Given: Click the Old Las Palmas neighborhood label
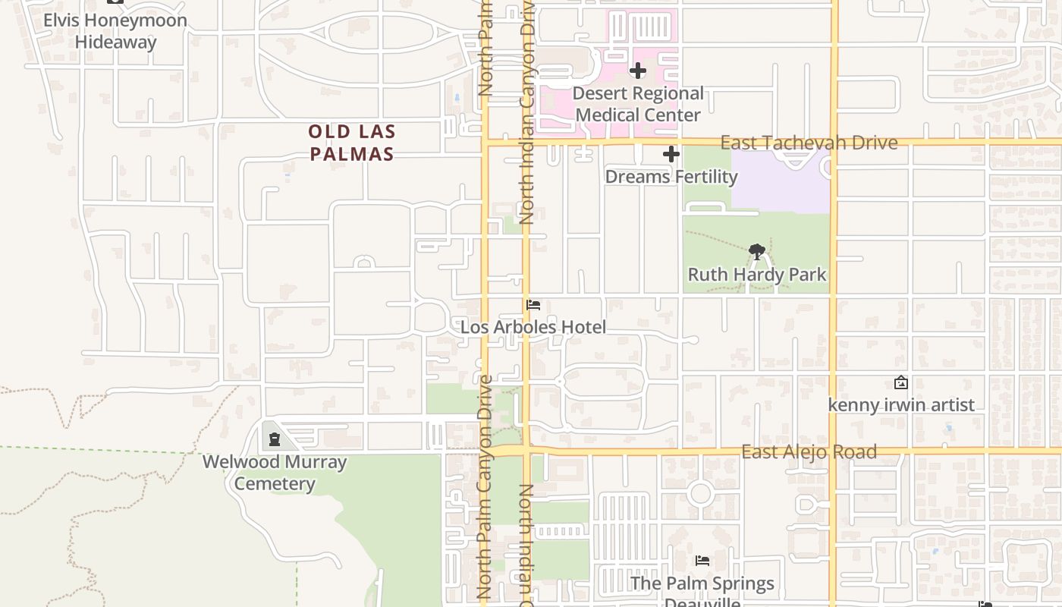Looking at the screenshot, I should pos(351,143).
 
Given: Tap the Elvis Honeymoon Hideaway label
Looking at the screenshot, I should pos(115,30).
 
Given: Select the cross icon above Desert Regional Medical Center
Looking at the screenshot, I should pos(638,71).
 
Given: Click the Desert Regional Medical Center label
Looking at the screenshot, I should pos(638,104).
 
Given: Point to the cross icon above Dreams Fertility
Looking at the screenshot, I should pos(671,154).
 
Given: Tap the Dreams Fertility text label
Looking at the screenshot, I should pos(671,177).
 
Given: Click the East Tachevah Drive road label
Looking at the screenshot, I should pos(809,142).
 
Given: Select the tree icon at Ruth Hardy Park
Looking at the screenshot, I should pos(756,251).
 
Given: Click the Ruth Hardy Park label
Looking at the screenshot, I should pos(756,274).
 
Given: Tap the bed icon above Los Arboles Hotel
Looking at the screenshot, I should pos(533,305).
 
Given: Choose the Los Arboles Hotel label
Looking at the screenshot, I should pos(533,327).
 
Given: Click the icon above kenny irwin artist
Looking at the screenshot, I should pos(901,382).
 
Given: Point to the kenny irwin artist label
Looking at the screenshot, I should pos(901,404).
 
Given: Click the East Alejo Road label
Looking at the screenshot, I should pos(809,451).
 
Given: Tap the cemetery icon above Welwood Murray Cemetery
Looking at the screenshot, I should pos(274,439).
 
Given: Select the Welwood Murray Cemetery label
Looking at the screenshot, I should pos(274,472).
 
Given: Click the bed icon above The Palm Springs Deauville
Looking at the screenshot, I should pos(702,561).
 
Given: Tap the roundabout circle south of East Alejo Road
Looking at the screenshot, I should pos(700,494).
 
